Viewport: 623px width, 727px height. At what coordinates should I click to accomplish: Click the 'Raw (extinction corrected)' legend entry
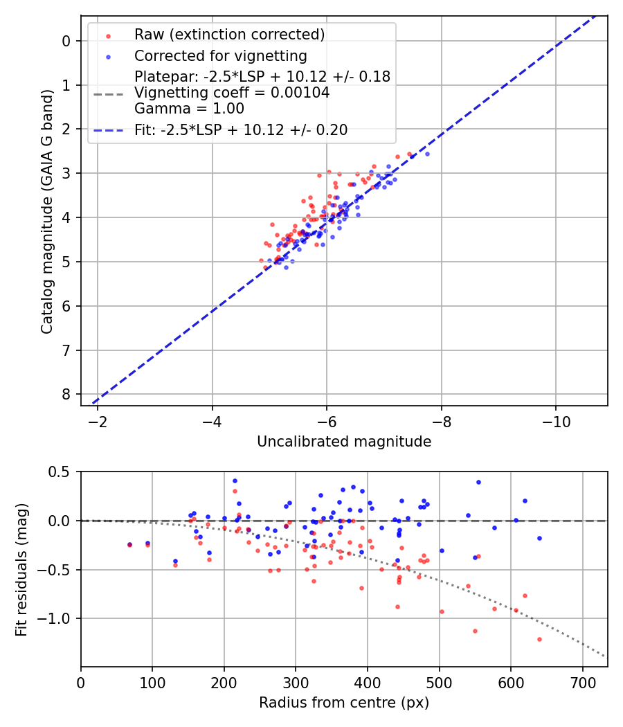tap(229, 35)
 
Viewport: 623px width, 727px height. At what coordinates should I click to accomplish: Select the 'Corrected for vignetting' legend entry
tap(221, 55)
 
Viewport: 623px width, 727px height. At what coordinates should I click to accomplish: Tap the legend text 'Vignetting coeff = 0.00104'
tap(232, 93)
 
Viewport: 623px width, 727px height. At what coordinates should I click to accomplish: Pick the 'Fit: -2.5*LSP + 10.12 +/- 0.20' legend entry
tap(241, 129)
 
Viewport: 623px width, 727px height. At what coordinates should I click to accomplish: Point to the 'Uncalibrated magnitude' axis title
tap(344, 442)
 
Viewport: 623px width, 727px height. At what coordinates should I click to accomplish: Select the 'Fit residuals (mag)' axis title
tap(21, 569)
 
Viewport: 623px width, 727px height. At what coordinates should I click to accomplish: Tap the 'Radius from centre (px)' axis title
tap(344, 703)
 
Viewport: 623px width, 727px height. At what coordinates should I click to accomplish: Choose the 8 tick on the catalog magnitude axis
tap(66, 394)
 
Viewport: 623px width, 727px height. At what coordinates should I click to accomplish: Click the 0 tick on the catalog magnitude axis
tap(66, 41)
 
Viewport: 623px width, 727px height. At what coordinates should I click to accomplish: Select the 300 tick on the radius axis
tap(296, 682)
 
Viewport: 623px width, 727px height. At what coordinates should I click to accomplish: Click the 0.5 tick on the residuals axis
tap(61, 472)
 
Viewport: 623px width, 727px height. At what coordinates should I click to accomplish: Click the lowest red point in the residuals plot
tap(539, 639)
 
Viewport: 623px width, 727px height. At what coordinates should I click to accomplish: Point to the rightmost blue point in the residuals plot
tap(539, 538)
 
